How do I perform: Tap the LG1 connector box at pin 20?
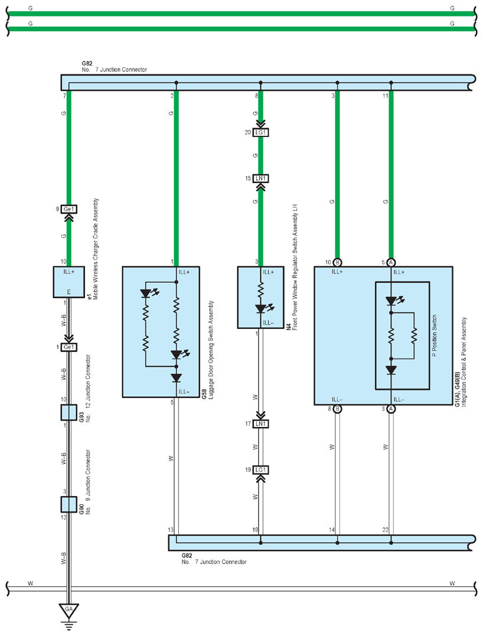[260, 132]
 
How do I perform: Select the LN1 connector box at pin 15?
[260, 178]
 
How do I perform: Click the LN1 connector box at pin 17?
[260, 424]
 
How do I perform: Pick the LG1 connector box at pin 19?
[260, 469]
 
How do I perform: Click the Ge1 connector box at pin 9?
[68, 209]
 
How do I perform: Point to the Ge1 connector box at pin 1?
[68, 347]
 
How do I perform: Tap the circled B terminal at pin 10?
[337, 262]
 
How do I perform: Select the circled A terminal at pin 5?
[390, 262]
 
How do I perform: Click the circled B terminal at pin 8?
[337, 409]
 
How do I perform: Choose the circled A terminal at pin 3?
[390, 409]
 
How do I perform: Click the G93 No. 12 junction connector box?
[68, 413]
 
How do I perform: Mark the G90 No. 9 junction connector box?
[68, 504]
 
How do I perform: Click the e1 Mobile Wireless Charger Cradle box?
[68, 282]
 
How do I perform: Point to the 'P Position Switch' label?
[435, 335]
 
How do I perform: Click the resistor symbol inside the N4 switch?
[261, 291]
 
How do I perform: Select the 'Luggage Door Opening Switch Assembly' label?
[211, 350]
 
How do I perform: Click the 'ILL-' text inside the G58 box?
[184, 392]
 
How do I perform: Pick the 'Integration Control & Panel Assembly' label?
[464, 362]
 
